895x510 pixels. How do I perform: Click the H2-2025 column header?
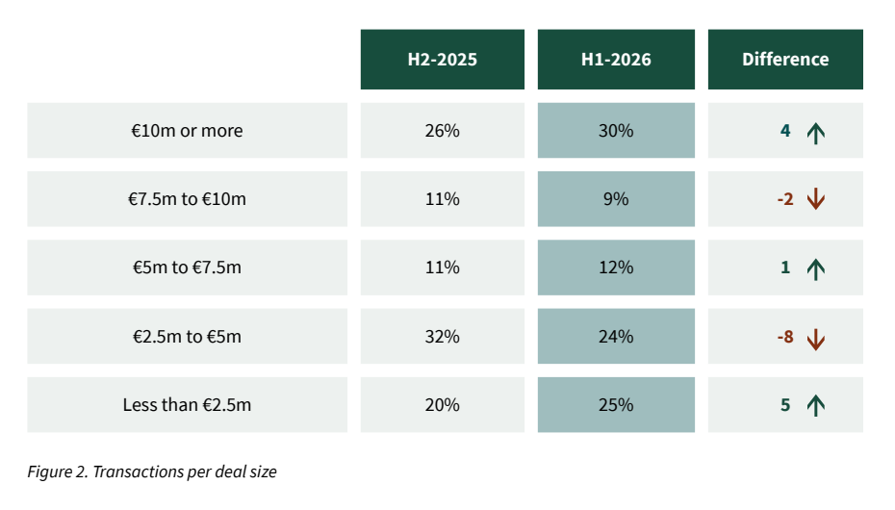(x=443, y=60)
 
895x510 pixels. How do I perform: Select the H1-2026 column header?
(x=616, y=60)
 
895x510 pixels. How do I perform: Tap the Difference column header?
(x=785, y=60)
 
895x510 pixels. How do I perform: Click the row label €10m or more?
(x=188, y=131)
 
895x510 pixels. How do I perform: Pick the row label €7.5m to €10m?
(x=188, y=199)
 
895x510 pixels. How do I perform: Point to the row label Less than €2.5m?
(x=188, y=404)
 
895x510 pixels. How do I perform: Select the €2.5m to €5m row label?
(x=188, y=336)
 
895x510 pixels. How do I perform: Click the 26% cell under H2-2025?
(x=443, y=131)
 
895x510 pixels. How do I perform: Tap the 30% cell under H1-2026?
(x=616, y=131)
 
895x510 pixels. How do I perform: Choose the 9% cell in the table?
(x=616, y=199)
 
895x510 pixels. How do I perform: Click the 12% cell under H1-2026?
(x=616, y=268)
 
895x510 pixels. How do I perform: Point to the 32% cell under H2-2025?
(x=443, y=336)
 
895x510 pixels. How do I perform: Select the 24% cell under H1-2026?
(x=616, y=336)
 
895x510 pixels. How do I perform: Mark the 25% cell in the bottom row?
(x=616, y=404)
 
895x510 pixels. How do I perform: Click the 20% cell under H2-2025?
(x=443, y=404)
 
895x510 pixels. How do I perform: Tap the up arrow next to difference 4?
(x=816, y=134)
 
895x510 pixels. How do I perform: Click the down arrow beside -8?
(x=816, y=340)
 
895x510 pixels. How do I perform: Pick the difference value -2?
(x=785, y=199)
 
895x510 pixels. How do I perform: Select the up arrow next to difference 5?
(x=816, y=406)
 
